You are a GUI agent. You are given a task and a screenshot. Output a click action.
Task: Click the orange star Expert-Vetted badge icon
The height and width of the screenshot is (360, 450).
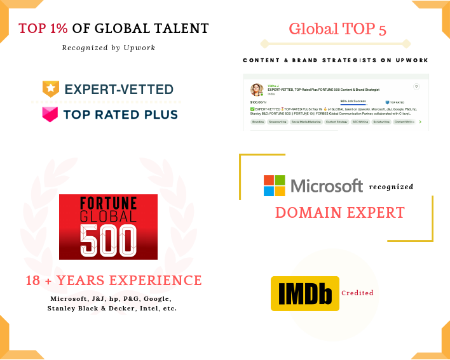[51, 88]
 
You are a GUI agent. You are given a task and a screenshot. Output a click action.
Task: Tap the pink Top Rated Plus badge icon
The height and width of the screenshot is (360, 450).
[51, 114]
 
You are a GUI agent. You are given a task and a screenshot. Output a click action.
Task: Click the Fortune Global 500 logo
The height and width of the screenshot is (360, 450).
[108, 227]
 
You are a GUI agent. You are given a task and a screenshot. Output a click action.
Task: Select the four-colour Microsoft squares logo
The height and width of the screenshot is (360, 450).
[275, 185]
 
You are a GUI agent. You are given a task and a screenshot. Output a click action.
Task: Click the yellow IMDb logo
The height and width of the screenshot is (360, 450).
[304, 293]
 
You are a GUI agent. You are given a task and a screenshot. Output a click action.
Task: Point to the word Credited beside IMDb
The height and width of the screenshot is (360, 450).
[357, 293]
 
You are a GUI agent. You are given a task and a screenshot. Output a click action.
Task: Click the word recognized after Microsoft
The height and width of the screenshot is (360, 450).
[391, 187]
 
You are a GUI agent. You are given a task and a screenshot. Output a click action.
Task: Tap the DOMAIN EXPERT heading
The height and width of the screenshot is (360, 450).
[339, 213]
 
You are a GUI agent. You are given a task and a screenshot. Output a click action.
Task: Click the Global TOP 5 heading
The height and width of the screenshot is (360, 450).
[337, 29]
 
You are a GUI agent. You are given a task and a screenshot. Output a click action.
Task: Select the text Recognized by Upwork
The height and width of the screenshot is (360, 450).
[109, 48]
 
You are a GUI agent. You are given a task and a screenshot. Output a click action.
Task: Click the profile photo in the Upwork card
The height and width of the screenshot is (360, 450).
[257, 90]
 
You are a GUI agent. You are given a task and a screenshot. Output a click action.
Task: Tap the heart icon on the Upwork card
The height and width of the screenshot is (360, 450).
[416, 86]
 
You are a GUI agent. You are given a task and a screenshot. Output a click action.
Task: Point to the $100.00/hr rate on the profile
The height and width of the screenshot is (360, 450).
[258, 102]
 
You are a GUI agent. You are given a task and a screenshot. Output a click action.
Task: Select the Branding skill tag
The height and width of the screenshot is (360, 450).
[258, 121]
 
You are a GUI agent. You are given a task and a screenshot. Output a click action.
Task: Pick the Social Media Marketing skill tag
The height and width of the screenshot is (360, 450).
[306, 121]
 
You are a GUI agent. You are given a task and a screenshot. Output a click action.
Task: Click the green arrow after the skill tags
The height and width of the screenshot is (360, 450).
[419, 121]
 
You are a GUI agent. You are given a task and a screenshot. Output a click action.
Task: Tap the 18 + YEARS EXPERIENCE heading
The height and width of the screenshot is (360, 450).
[113, 281]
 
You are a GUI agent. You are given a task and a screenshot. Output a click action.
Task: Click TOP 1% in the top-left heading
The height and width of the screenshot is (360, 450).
[44, 29]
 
